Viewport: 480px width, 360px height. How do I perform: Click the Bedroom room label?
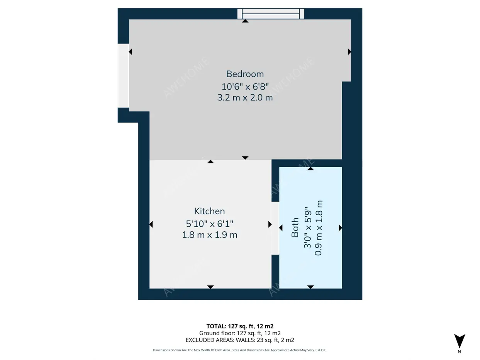tap(245, 74)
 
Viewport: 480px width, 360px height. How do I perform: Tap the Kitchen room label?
tap(209, 211)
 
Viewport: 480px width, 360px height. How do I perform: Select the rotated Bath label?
tap(295, 227)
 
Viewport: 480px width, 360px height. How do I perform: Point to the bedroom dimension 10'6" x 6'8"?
tap(245, 87)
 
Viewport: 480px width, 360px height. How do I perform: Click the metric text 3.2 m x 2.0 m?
tap(245, 98)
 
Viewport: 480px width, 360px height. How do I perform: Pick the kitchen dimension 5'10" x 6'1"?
tap(210, 224)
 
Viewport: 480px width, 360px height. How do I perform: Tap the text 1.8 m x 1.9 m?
tap(210, 235)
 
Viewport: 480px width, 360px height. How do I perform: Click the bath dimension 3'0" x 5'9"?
tap(307, 228)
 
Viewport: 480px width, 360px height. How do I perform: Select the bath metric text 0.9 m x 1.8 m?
tap(319, 228)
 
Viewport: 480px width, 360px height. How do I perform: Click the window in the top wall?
tap(271, 14)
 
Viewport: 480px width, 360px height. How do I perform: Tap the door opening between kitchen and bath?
tap(275, 228)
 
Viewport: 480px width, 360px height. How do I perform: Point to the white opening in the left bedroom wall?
tap(123, 76)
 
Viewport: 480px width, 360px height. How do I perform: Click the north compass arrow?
tap(460, 341)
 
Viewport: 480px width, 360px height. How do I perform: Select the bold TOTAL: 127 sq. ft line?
tap(240, 326)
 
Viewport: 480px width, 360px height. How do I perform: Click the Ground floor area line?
tap(240, 333)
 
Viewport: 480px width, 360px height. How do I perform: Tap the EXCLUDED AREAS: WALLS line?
tap(240, 340)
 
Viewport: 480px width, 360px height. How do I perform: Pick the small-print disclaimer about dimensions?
tap(240, 350)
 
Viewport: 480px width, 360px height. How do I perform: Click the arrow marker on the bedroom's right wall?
tap(349, 52)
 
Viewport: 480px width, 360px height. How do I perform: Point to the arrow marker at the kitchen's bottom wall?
tap(210, 287)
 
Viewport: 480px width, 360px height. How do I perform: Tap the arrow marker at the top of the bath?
tap(310, 169)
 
